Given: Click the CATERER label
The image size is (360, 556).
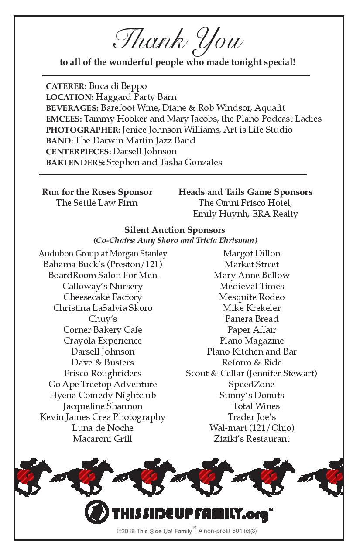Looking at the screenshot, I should [x=66, y=86].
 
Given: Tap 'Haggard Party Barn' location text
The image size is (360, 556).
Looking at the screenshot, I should [x=136, y=97].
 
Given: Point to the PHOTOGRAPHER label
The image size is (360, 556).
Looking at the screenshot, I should [x=83, y=130].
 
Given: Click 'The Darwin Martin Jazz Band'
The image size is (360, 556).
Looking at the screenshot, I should [x=135, y=140].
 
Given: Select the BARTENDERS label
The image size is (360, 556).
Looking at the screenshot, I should [x=75, y=162].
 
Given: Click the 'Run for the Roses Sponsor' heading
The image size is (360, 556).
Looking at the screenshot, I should [x=97, y=192].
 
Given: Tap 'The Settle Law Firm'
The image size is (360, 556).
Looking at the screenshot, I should [x=97, y=203].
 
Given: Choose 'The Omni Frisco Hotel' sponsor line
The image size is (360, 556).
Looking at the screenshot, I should [x=245, y=203].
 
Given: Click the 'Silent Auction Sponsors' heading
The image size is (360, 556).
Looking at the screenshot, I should [x=175, y=230].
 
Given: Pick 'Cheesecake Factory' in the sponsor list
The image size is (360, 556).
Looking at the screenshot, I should [x=103, y=297].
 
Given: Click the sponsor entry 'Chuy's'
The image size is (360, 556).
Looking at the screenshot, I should [x=103, y=319].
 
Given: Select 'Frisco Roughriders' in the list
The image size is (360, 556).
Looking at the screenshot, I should [x=103, y=373].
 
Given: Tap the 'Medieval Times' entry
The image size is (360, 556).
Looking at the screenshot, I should [x=252, y=286].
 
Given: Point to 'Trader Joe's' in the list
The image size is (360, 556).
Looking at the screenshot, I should [x=252, y=417].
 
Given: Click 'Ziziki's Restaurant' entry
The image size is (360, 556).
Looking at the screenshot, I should [x=252, y=439].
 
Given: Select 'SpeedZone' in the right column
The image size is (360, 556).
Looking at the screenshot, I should [x=252, y=384].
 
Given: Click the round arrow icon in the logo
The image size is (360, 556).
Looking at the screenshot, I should [x=97, y=512].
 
